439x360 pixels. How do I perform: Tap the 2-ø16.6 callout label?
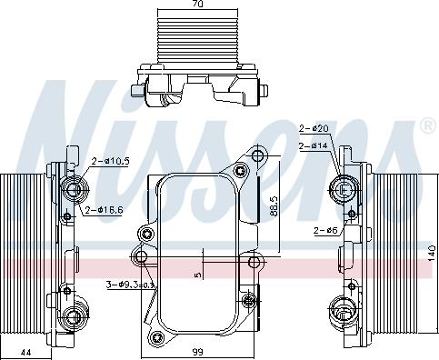tap(105, 210)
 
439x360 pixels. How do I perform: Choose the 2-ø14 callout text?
tap(314, 146)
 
